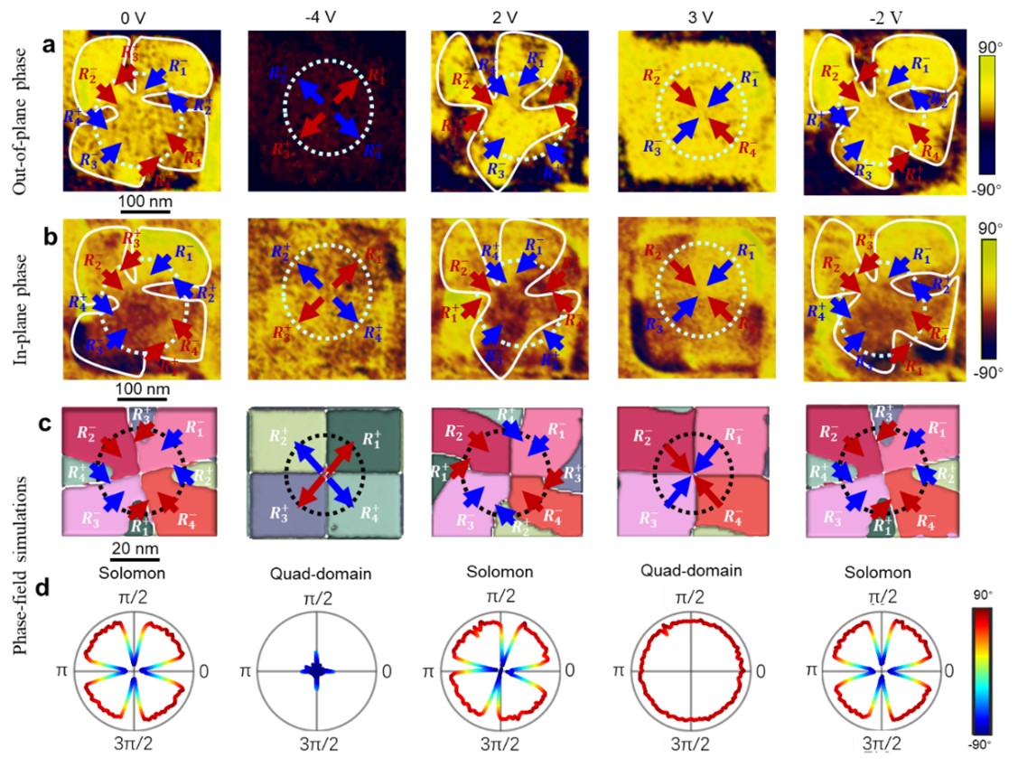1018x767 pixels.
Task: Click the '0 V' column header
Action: [x=137, y=15]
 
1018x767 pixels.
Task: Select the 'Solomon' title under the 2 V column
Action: [x=500, y=575]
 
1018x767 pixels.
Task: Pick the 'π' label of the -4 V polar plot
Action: [x=244, y=671]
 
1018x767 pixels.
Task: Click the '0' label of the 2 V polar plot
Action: [x=576, y=671]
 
